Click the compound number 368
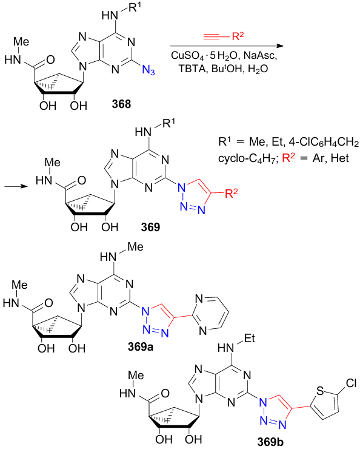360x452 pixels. tap(122, 104)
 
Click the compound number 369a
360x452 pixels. tap(141, 346)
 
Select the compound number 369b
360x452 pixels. tap(270, 442)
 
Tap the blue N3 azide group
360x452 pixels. tap(148, 70)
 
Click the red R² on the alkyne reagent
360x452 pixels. tap(238, 36)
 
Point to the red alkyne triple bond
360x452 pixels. tap(213, 36)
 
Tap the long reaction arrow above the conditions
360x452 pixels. tap(227, 46)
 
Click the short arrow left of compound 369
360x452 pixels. tap(16, 186)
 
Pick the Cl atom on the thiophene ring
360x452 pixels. tap(351, 383)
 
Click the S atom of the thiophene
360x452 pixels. tap(320, 391)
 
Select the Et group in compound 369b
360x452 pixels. tap(250, 338)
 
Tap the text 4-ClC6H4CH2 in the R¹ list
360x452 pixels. tap(324, 142)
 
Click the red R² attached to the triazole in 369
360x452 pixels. tap(232, 193)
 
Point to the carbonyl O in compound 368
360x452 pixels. tap(50, 59)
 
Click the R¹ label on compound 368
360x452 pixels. tap(135, 7)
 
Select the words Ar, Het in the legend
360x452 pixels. tap(331, 158)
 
